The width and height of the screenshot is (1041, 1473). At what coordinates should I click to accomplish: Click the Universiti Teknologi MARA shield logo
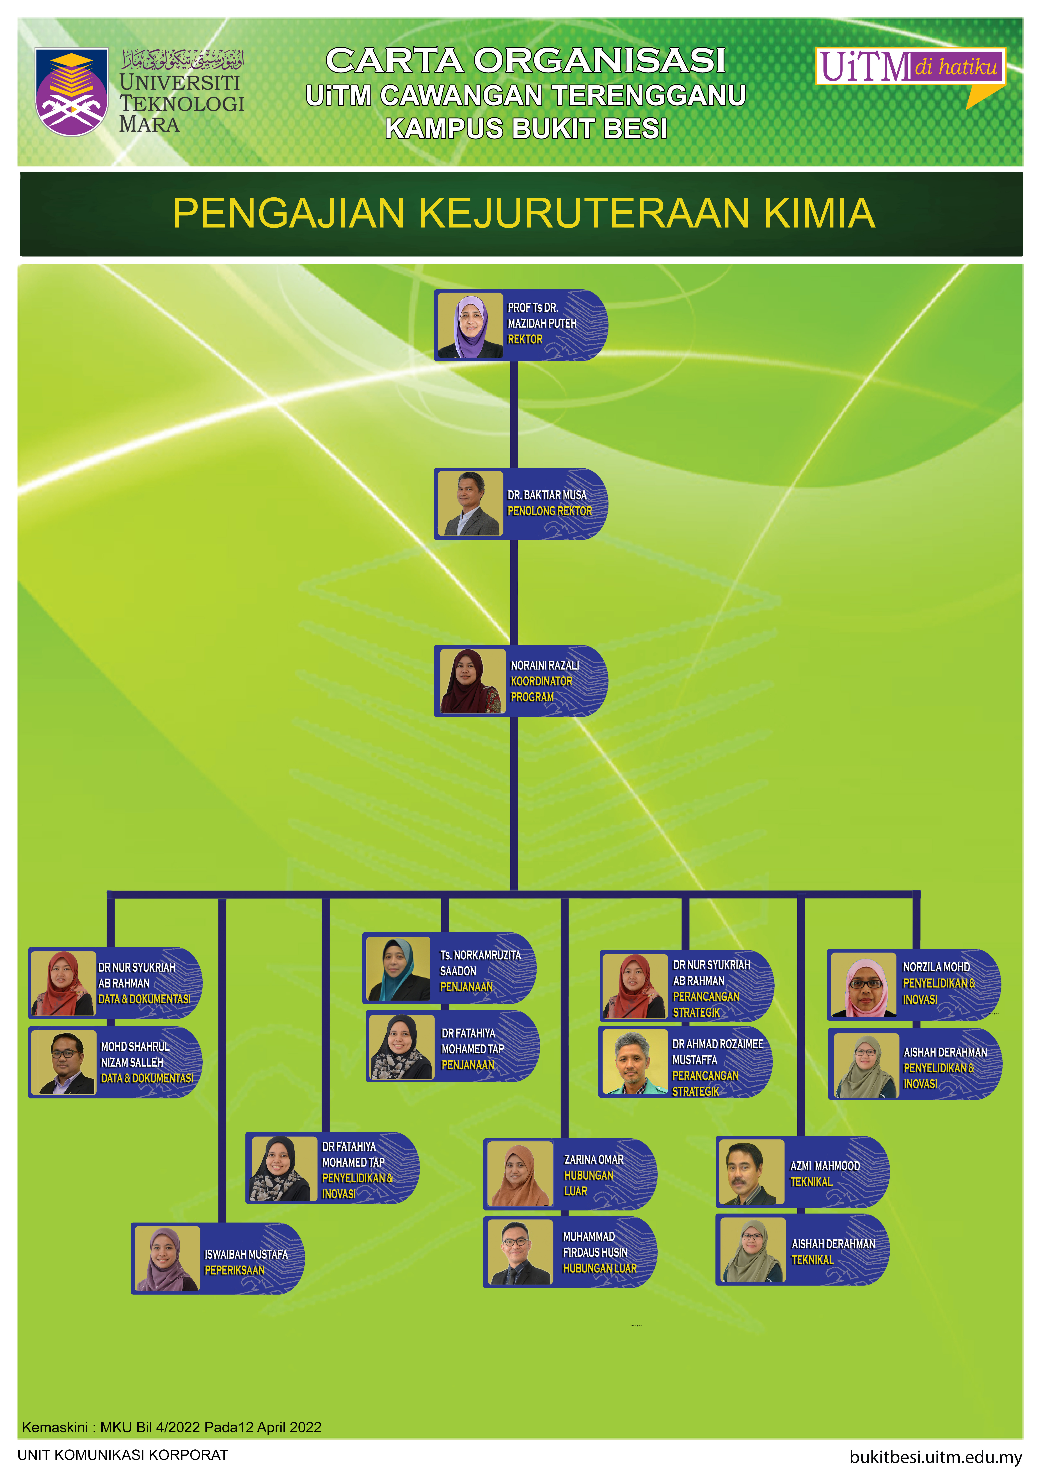(x=71, y=92)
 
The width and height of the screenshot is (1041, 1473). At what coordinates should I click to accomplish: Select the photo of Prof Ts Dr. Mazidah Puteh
(x=470, y=326)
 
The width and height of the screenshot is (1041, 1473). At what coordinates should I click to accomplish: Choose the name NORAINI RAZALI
(x=544, y=665)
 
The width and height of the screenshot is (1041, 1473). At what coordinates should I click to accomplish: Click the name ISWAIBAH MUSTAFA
(x=246, y=1254)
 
